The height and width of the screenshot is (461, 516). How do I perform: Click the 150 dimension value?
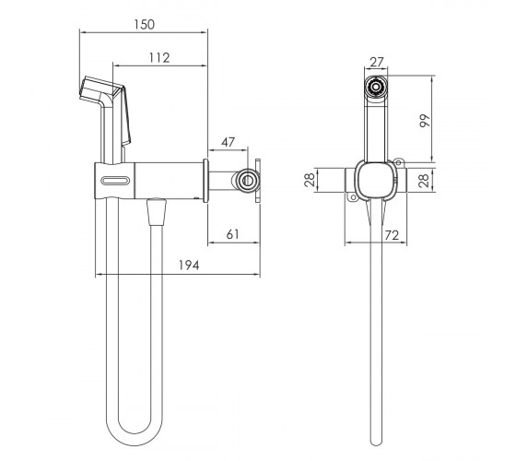144,24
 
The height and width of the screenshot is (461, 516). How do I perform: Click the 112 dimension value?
159,57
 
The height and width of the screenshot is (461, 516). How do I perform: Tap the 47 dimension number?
229,142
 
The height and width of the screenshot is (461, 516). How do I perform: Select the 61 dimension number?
232,234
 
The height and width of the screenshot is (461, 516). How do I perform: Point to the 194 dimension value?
189,266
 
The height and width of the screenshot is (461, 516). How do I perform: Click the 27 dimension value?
377,62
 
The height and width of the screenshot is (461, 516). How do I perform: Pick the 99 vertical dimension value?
425,121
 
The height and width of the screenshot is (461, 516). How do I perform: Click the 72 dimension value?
392,235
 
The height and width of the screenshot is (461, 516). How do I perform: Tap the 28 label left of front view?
310,180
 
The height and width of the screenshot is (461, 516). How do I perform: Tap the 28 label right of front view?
424,181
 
